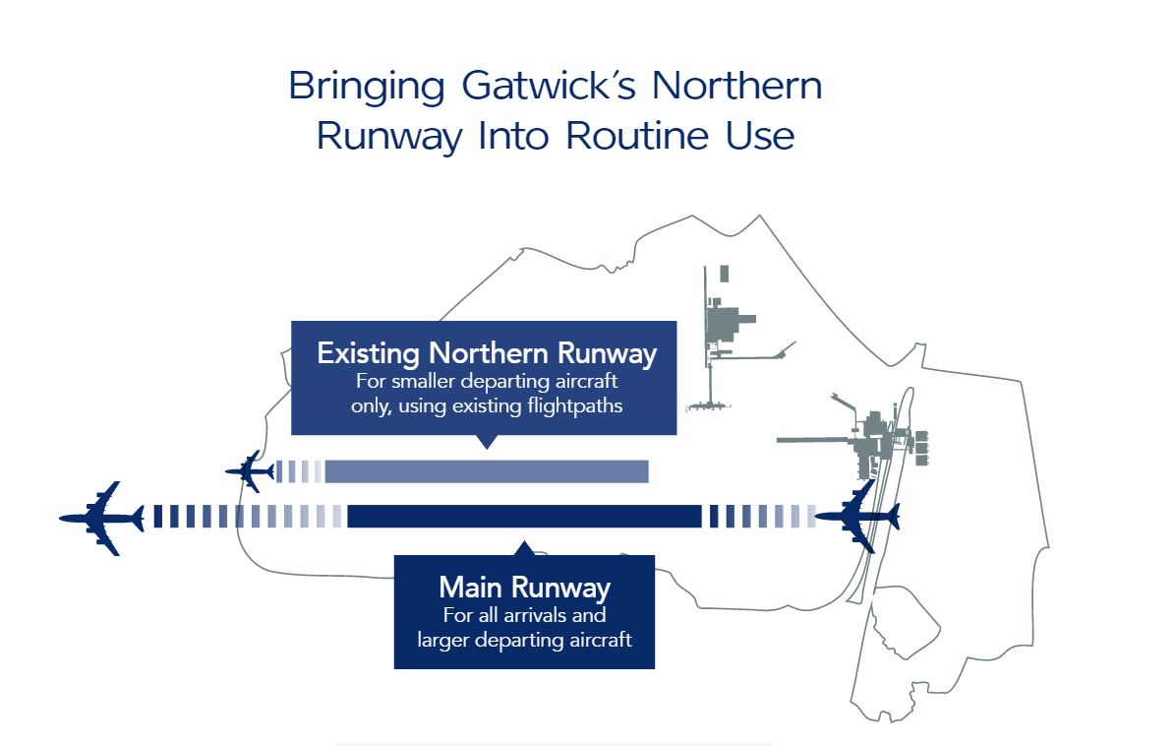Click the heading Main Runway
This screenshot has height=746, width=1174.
click(524, 589)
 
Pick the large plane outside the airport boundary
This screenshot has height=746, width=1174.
click(101, 518)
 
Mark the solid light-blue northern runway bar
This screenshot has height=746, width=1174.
click(487, 471)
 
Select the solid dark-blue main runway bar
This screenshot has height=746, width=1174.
click(524, 516)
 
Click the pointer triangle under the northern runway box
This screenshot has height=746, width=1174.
click(483, 442)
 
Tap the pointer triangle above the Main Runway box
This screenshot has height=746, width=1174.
click(525, 547)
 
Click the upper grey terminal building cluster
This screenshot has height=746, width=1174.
click(729, 325)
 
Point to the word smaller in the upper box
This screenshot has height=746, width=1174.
click(431, 382)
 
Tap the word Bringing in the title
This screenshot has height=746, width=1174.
click(367, 87)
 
